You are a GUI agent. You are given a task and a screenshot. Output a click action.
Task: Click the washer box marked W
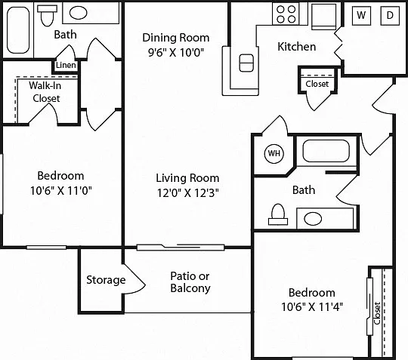361,15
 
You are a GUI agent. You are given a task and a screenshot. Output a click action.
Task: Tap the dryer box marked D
390,15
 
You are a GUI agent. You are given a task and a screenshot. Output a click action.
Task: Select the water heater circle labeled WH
274,153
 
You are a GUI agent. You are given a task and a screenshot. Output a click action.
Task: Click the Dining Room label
175,38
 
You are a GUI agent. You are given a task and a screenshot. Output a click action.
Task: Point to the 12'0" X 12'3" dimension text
187,193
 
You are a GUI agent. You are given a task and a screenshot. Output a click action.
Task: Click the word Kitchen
297,47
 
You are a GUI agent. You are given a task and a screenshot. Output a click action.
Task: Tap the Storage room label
106,280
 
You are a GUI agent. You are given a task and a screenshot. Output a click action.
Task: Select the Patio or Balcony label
190,282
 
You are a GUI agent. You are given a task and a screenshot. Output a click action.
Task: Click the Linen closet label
66,65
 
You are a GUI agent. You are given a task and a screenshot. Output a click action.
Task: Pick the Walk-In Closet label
45,92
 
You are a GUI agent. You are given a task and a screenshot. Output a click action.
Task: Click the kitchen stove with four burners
286,14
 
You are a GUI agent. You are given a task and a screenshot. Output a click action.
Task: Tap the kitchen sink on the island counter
246,63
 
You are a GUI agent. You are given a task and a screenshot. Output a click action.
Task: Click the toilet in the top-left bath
47,16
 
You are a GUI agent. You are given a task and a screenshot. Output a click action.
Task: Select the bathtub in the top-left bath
18,30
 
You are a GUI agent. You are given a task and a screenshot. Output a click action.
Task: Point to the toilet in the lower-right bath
278,214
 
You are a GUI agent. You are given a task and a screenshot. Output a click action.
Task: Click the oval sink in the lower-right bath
313,219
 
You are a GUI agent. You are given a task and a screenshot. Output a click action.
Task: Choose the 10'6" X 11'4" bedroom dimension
312,306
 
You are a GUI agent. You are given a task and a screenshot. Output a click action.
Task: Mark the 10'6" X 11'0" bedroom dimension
61,190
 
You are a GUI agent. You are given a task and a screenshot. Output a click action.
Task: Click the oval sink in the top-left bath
79,13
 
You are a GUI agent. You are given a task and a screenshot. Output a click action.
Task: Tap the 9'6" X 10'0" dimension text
176,53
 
